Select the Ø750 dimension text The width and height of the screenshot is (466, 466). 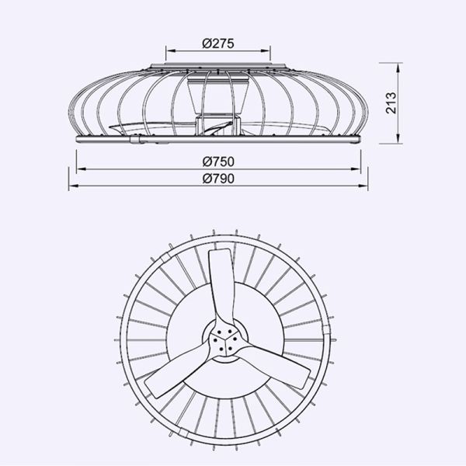click(218, 162)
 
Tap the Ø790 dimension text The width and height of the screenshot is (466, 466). click(218, 178)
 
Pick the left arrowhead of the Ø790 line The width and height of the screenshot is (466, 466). click(71, 186)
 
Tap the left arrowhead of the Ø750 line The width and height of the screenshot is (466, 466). click(79, 170)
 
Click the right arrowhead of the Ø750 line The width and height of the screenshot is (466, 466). click(360, 170)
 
